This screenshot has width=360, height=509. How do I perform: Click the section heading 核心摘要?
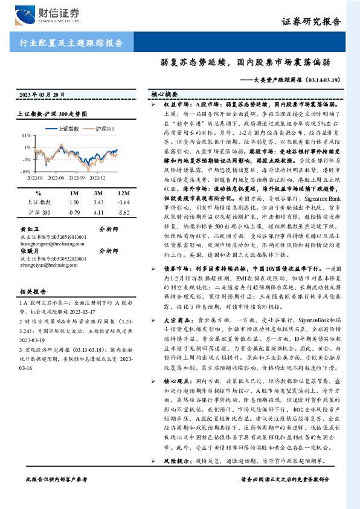tap(164, 95)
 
